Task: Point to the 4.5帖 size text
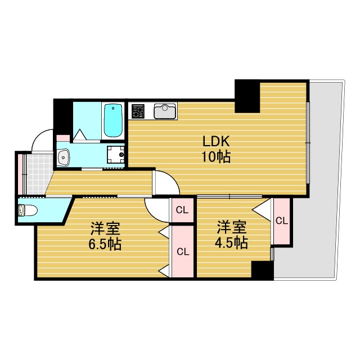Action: tap(232, 242)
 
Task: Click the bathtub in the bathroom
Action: tap(114, 120)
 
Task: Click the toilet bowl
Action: tap(28, 210)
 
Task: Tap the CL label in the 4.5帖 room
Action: tap(281, 220)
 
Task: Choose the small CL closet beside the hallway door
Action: tap(182, 211)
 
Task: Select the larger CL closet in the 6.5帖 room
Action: tap(182, 251)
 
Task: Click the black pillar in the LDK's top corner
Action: tap(246, 96)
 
